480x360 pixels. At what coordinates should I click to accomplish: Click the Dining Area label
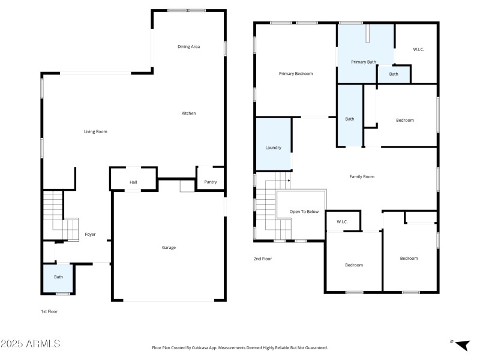tap(188, 46)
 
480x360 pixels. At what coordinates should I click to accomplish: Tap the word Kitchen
tap(188, 113)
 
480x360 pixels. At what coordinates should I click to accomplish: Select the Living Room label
tap(95, 131)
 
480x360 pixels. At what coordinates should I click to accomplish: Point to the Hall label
tap(133, 182)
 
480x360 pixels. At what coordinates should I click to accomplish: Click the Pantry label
tap(211, 182)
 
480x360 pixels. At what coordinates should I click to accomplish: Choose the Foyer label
tap(90, 235)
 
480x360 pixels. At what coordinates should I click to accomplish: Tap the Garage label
tap(169, 247)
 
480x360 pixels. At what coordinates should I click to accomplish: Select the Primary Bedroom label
tap(296, 73)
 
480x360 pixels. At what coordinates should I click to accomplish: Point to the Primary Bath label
tap(364, 61)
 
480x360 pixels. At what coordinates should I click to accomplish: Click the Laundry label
tap(273, 147)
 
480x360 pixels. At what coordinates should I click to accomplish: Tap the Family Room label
tap(362, 176)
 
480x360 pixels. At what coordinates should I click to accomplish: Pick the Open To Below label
tap(304, 211)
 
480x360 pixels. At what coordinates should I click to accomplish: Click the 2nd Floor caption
tap(262, 258)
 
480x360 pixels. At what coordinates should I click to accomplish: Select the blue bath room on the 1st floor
tap(58, 277)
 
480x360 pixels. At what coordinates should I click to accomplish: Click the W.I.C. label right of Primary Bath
tap(418, 49)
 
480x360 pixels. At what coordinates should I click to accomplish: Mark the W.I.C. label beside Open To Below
tap(342, 222)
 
